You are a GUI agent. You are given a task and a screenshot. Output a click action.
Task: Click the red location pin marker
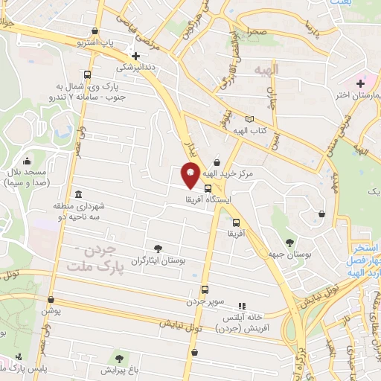coord(190,175)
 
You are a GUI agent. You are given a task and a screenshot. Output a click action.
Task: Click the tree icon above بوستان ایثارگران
coord(157,249)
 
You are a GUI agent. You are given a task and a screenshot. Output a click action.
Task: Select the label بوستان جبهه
coord(289,254)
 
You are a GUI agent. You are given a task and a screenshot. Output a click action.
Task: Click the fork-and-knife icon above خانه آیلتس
coord(241,306)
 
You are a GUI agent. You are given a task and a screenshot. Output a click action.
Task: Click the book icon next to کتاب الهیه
coord(249,119)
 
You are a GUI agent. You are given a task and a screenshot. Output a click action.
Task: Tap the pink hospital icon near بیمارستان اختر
coord(361,83)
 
